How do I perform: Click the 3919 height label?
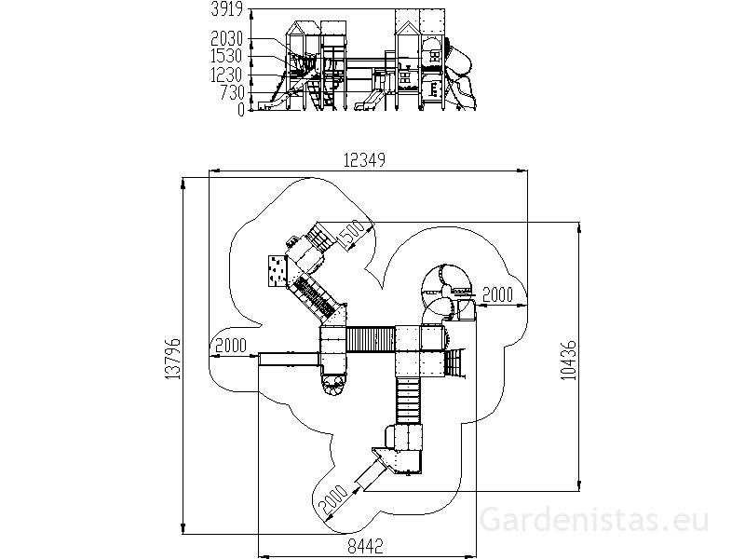[x=226, y=9]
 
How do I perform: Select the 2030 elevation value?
[x=226, y=38]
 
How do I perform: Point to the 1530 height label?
[x=226, y=56]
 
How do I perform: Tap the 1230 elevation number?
[x=226, y=75]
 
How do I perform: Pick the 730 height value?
[x=232, y=92]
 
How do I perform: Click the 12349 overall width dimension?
[x=364, y=160]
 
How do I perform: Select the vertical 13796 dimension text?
[x=173, y=359]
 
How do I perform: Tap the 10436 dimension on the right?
[x=568, y=360]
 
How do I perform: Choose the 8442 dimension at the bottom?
[x=366, y=546]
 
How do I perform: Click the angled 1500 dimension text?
[x=353, y=235]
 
